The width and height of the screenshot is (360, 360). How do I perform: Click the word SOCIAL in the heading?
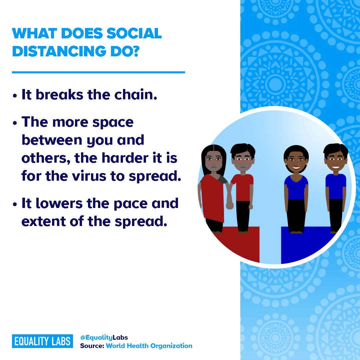(134, 33)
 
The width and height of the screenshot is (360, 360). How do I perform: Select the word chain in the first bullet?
(135, 95)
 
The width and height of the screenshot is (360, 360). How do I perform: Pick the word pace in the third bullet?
(130, 204)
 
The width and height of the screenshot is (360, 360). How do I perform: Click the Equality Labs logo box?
(42, 341)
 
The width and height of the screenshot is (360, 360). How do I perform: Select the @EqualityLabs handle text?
(104, 337)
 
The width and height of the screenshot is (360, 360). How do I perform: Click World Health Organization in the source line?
(149, 346)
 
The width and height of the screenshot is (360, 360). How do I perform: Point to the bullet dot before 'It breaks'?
(15, 96)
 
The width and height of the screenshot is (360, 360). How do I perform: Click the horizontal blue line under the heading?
(98, 72)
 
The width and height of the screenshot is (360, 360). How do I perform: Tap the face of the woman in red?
(214, 160)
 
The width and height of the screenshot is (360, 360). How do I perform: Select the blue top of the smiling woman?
(296, 187)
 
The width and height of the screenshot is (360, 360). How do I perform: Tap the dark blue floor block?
(305, 243)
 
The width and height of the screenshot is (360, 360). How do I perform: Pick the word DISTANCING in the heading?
(59, 51)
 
